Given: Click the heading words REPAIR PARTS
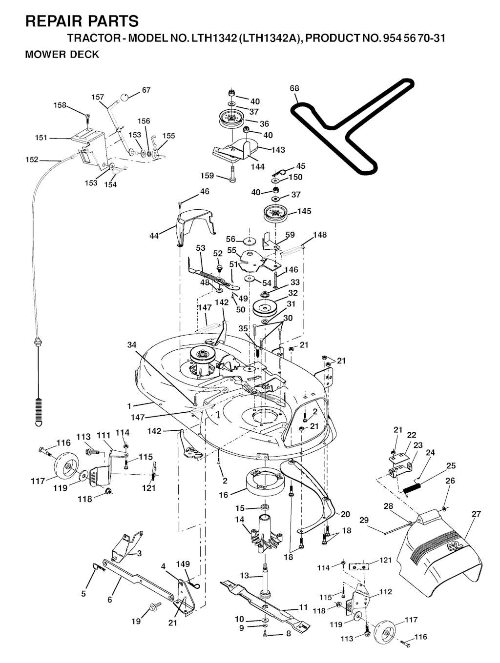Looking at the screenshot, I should tap(82, 21).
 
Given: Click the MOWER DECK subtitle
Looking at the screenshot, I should tap(62, 55).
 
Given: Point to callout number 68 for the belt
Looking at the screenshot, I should tap(294, 89).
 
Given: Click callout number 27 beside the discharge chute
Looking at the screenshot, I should tap(476, 514).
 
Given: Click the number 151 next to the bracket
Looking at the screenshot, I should tap(41, 138).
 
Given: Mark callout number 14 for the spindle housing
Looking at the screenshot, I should tap(239, 520).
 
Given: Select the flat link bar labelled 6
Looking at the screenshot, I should tap(137, 581).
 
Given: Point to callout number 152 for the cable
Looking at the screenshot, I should tap(32, 160).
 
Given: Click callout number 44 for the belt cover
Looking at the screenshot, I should tap(154, 236).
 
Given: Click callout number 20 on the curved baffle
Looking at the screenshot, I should tap(345, 514).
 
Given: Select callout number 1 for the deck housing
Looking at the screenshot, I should tap(129, 406).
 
